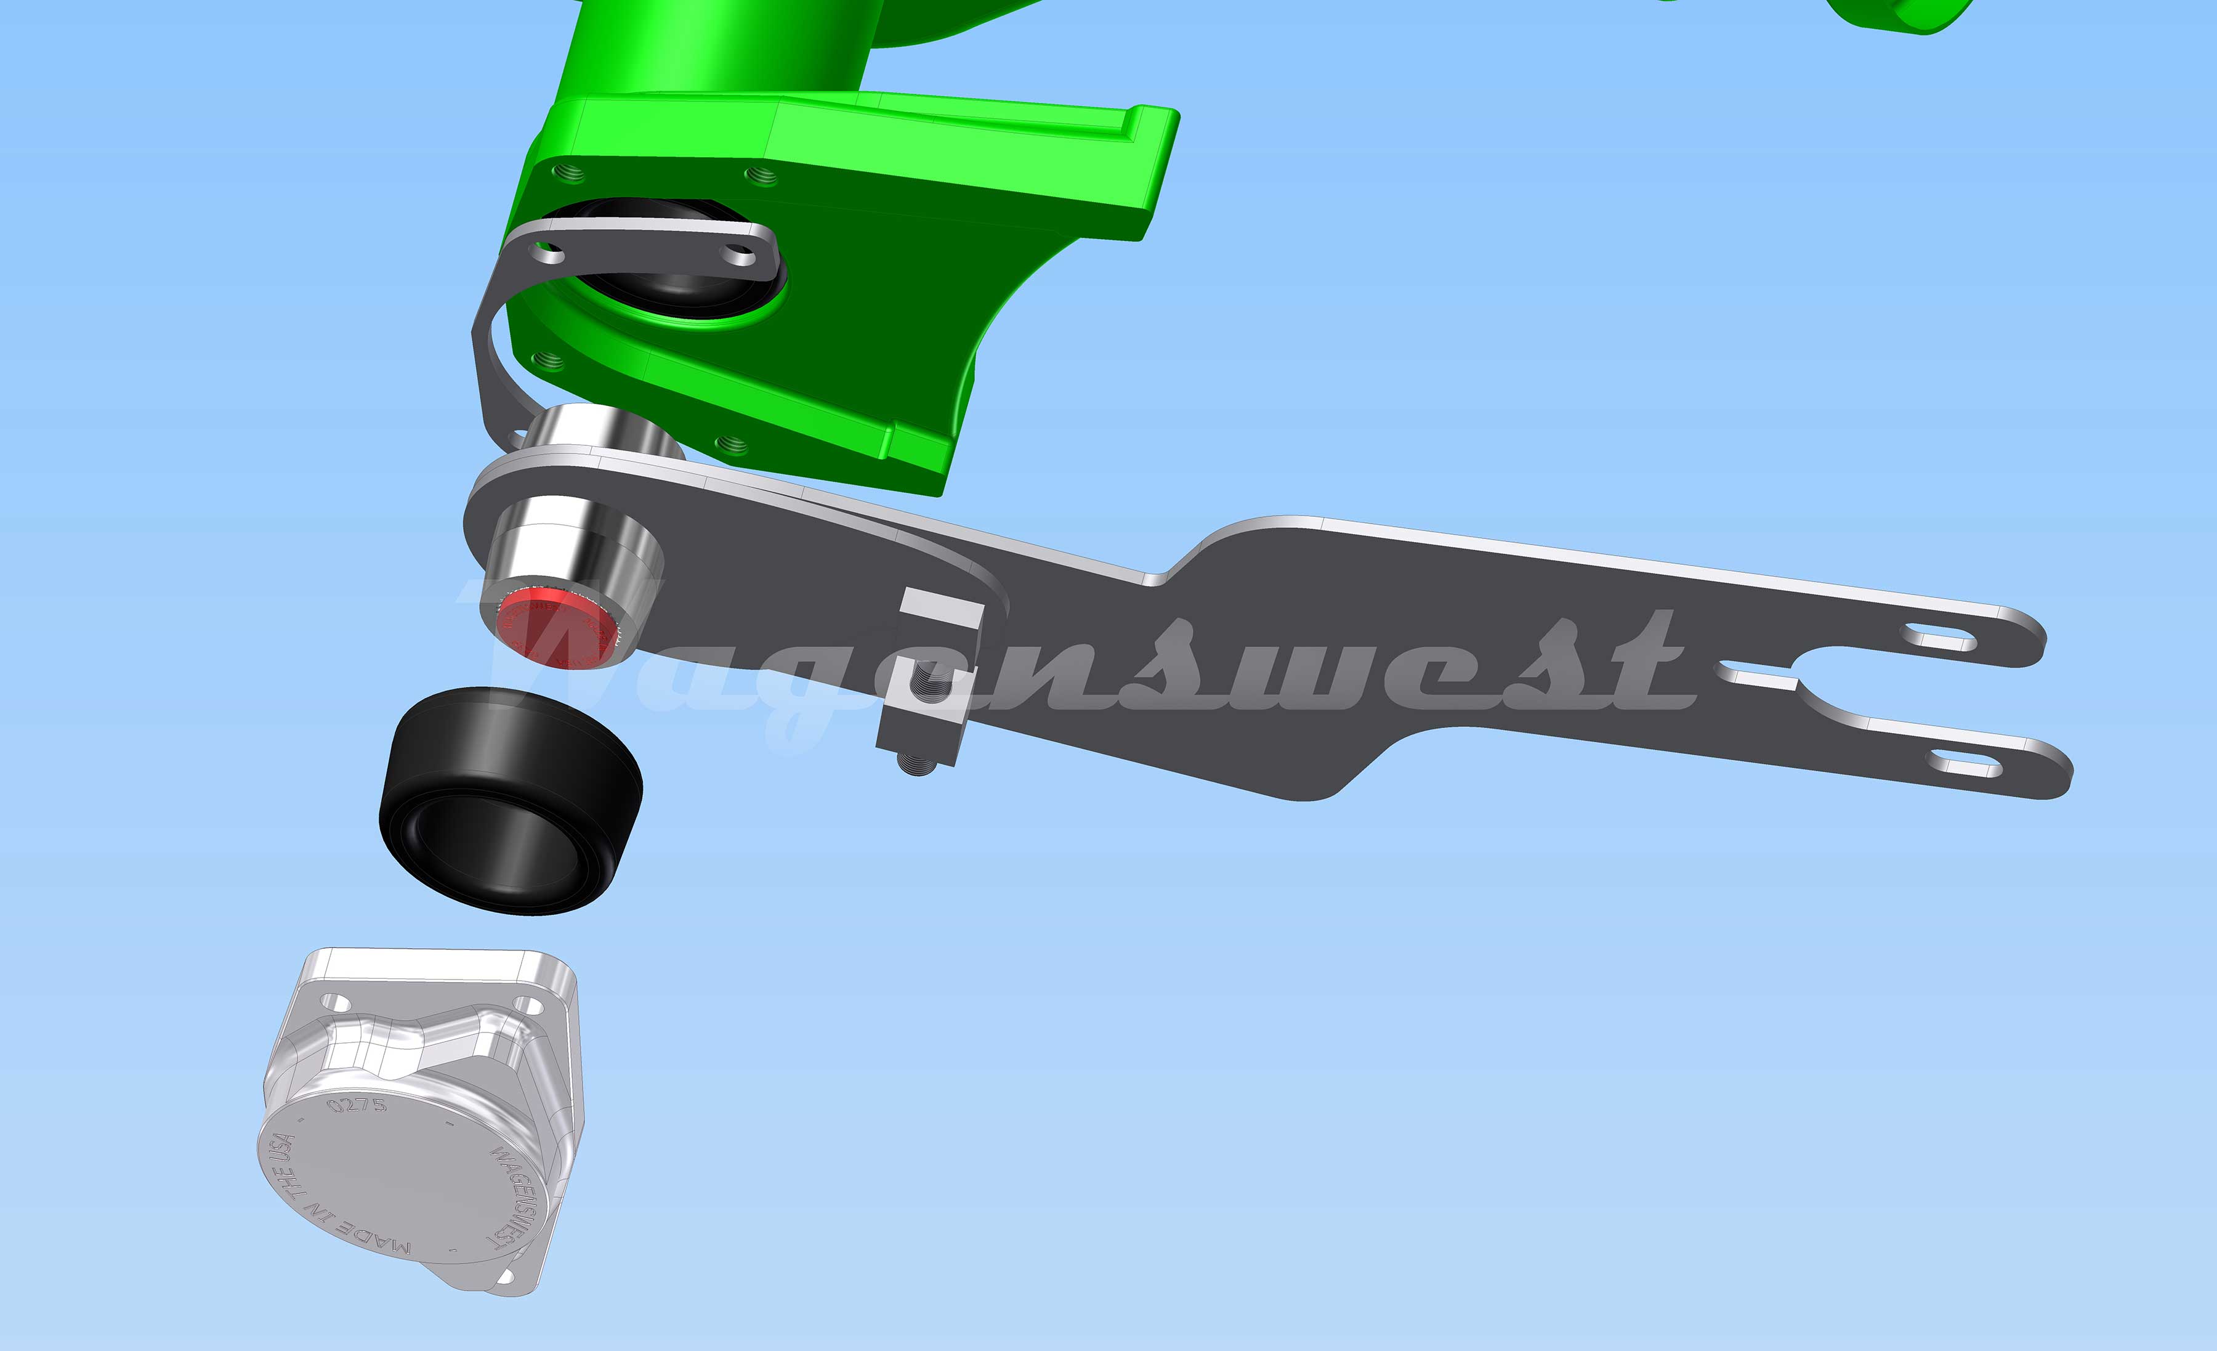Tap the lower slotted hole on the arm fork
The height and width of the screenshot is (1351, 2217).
pos(1963,766)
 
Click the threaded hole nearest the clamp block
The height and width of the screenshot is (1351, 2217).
pos(730,443)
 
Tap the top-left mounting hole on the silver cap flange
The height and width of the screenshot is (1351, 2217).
pos(336,1002)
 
